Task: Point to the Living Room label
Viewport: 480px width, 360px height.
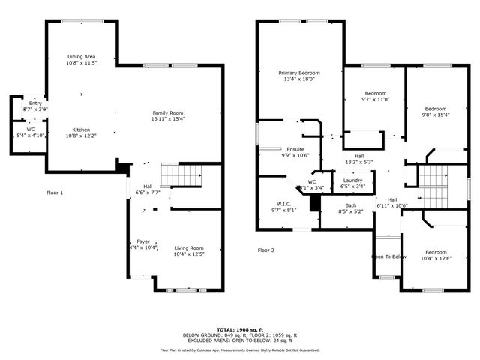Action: pyautogui.click(x=189, y=247)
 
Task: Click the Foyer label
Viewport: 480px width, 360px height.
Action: pyautogui.click(x=142, y=241)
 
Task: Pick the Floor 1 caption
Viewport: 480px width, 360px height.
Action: pyautogui.click(x=55, y=193)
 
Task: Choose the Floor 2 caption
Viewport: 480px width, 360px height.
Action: pyautogui.click(x=266, y=250)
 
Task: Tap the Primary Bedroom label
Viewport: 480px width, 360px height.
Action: pyautogui.click(x=299, y=73)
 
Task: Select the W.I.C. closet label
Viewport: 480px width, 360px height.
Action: pyautogui.click(x=283, y=204)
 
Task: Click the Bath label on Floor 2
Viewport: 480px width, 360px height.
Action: pyautogui.click(x=350, y=205)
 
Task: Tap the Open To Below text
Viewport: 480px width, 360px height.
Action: pyautogui.click(x=388, y=256)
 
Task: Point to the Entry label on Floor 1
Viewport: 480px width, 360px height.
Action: pyautogui.click(x=35, y=103)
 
